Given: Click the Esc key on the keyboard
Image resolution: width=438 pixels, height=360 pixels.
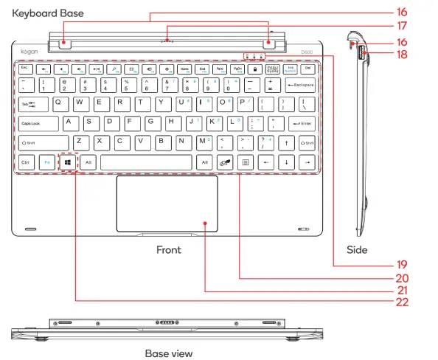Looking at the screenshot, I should [x=24, y=68].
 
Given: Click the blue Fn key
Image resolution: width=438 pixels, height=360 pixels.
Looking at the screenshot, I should [x=46, y=162].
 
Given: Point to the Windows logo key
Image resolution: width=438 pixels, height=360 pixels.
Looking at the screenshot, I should [x=67, y=162].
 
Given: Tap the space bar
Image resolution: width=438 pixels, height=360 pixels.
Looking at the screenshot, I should [x=145, y=162].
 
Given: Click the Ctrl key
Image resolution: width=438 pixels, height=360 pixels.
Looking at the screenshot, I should [x=25, y=162].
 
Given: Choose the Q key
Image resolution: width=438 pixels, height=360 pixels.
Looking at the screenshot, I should [x=58, y=103].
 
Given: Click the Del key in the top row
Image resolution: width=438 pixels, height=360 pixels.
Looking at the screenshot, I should [x=309, y=68].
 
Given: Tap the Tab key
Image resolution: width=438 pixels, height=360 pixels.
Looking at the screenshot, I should [x=27, y=104].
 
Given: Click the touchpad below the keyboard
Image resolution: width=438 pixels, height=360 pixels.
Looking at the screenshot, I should [x=166, y=204].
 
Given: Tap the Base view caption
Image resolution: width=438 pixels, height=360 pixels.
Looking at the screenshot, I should [x=168, y=353].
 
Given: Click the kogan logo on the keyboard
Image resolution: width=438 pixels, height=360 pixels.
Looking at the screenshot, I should [x=29, y=52].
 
